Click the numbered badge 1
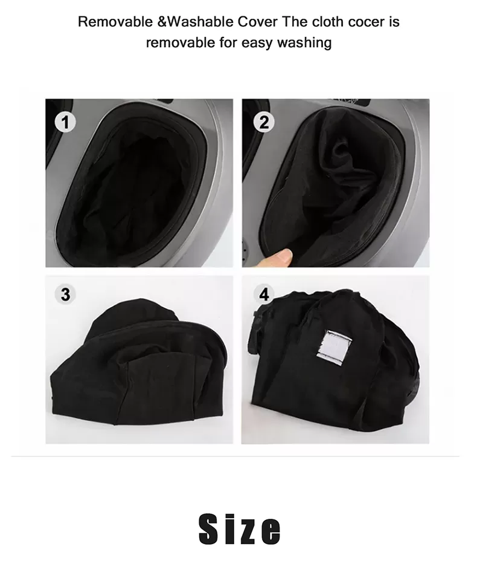coord(65,122)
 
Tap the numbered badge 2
coord(264,122)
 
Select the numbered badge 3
coord(65,294)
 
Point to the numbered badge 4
coord(264,294)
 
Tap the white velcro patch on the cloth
coord(333,346)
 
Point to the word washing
coord(304,43)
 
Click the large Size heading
coord(240,529)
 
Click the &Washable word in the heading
coord(196,22)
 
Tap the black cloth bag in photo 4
coord(333,363)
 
